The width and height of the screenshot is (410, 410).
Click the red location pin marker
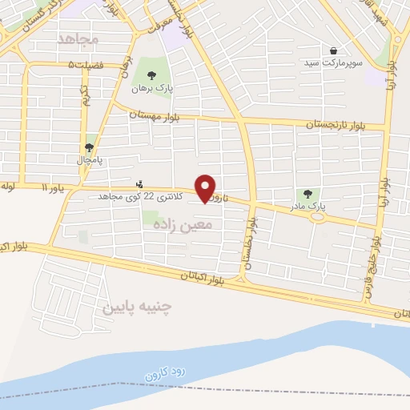[x=207, y=188]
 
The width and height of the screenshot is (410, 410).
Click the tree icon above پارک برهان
[x=151, y=75]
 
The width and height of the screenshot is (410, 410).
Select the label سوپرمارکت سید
[x=332, y=61]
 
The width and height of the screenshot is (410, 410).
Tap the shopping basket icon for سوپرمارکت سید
[x=332, y=50]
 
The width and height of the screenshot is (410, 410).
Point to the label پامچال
[x=89, y=159]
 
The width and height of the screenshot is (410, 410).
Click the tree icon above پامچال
[x=89, y=147]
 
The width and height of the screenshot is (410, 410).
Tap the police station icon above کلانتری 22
[x=141, y=184]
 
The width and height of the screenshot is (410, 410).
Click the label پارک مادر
[x=308, y=205]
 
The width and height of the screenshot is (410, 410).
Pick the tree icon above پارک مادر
[x=308, y=193]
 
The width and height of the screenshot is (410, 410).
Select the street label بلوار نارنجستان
[x=333, y=124]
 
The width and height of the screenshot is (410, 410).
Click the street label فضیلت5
[x=86, y=64]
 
